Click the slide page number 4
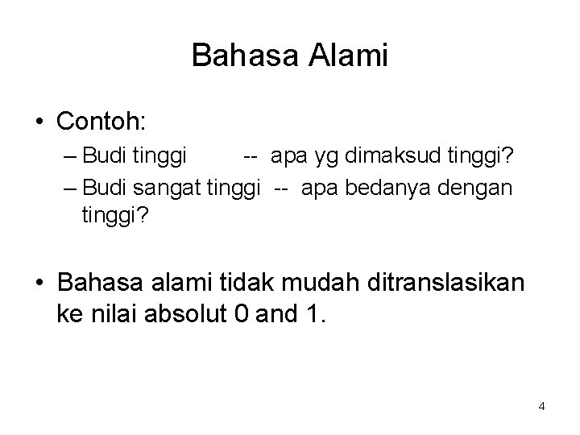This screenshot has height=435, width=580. (x=541, y=406)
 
